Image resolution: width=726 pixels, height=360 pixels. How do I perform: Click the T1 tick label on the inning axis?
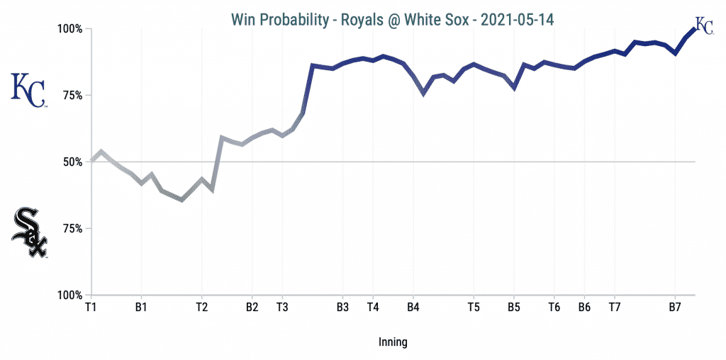91,308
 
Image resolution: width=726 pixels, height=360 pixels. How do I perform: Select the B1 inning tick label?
141,308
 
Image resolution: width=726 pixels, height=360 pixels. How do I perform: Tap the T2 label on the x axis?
201,308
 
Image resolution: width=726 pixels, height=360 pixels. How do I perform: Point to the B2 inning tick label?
252,308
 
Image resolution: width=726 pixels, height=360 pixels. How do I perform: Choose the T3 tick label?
282,308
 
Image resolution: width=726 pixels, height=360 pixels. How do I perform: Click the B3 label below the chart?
342,308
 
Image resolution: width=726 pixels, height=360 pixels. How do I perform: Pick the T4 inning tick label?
373,308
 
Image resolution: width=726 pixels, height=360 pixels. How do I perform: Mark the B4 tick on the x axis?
413,308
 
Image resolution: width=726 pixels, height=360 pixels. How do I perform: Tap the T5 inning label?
474,308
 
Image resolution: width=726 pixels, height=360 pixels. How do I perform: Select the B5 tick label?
514,308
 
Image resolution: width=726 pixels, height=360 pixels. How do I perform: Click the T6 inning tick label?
554,308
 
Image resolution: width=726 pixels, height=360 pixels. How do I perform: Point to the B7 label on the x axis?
675,308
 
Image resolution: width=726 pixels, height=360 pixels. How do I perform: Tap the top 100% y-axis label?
70,29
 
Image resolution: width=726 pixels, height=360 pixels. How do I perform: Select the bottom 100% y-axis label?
70,295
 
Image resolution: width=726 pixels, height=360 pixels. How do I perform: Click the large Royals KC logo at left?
29,90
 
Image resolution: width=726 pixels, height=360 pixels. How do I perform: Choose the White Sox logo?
29,232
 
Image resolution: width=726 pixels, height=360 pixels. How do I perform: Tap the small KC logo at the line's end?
704,25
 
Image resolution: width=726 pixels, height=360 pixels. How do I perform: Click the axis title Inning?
393,343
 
